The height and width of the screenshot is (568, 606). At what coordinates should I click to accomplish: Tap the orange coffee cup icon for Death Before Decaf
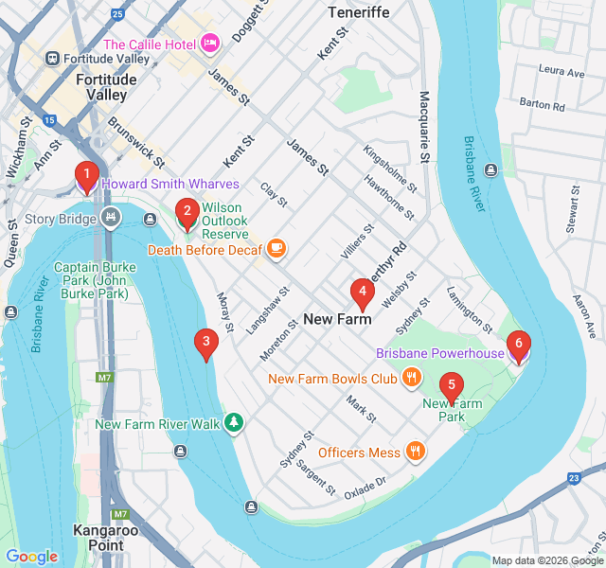pyautogui.click(x=276, y=250)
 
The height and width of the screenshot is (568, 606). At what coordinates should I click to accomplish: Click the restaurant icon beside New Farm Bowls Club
pyautogui.click(x=411, y=379)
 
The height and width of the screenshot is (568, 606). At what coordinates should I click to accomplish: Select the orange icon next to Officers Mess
pyautogui.click(x=415, y=453)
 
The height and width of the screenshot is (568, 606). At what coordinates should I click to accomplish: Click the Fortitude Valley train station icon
pyautogui.click(x=53, y=59)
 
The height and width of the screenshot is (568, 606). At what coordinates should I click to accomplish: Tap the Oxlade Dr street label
pyautogui.click(x=365, y=487)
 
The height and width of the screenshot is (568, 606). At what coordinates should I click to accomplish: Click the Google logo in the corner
pyautogui.click(x=31, y=557)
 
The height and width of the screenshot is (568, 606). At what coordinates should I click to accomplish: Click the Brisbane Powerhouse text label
pyautogui.click(x=439, y=353)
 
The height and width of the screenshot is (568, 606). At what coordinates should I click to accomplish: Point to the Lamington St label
pyautogui.click(x=469, y=309)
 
